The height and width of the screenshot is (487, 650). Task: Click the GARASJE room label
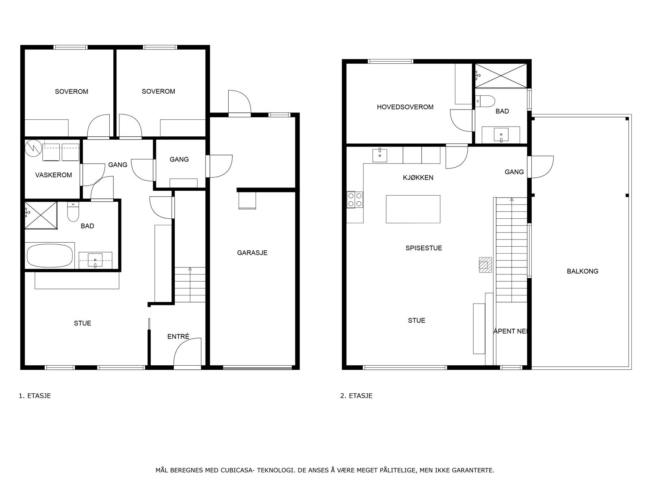[252, 252]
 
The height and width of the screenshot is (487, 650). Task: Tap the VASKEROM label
[53, 175]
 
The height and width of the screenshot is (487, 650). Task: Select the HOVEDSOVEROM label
[405, 107]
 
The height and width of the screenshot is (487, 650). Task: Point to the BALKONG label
[582, 271]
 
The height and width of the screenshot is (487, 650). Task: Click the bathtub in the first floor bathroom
[50, 256]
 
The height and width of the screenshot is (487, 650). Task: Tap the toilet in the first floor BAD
[73, 212]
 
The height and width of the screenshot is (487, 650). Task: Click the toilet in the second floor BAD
[485, 101]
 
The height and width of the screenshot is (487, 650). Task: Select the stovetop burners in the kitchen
[355, 200]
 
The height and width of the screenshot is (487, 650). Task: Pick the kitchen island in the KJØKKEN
[413, 209]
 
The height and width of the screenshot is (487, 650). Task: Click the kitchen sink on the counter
[379, 155]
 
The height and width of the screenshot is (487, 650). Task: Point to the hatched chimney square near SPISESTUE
[485, 265]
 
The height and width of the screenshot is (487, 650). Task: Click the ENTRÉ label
[178, 336]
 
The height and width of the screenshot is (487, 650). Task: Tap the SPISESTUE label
[423, 248]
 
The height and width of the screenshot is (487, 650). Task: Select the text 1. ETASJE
[35, 396]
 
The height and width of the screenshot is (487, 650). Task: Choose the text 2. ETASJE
[356, 396]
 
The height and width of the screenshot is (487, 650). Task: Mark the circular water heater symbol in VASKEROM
[32, 148]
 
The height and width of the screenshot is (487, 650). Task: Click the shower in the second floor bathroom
[501, 76]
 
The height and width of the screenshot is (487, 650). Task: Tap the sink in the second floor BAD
[501, 135]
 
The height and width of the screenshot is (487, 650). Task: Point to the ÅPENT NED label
[511, 331]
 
